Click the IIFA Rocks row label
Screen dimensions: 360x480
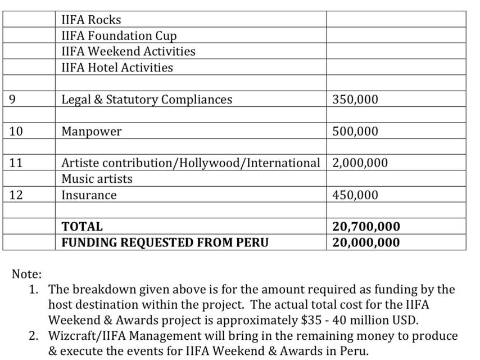pyautogui.click(x=91, y=20)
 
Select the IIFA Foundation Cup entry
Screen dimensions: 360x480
pyautogui.click(x=119, y=35)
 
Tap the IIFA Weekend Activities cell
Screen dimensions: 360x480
pyautogui.click(x=128, y=51)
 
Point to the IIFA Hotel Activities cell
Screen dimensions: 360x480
pyautogui.click(x=117, y=67)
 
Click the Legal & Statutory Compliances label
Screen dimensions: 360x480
pyautogui.click(x=146, y=100)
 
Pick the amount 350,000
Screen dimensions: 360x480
pyautogui.click(x=355, y=100)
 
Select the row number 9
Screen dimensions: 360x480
pyautogui.click(x=12, y=100)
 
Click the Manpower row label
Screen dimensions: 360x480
pyautogui.click(x=91, y=132)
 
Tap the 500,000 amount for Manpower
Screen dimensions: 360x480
pyautogui.click(x=355, y=132)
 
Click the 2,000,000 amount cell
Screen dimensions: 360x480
pyautogui.click(x=360, y=163)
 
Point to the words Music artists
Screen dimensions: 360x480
pyautogui.click(x=97, y=179)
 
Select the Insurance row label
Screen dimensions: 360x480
pyautogui.click(x=89, y=195)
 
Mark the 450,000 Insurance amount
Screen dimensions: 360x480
pyautogui.click(x=355, y=195)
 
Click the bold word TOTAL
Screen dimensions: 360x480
pyautogui.click(x=82, y=227)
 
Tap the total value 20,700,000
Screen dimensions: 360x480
pyautogui.click(x=366, y=227)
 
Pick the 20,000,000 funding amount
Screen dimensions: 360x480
pyautogui.click(x=366, y=242)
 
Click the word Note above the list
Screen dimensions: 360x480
pyautogui.click(x=26, y=274)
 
